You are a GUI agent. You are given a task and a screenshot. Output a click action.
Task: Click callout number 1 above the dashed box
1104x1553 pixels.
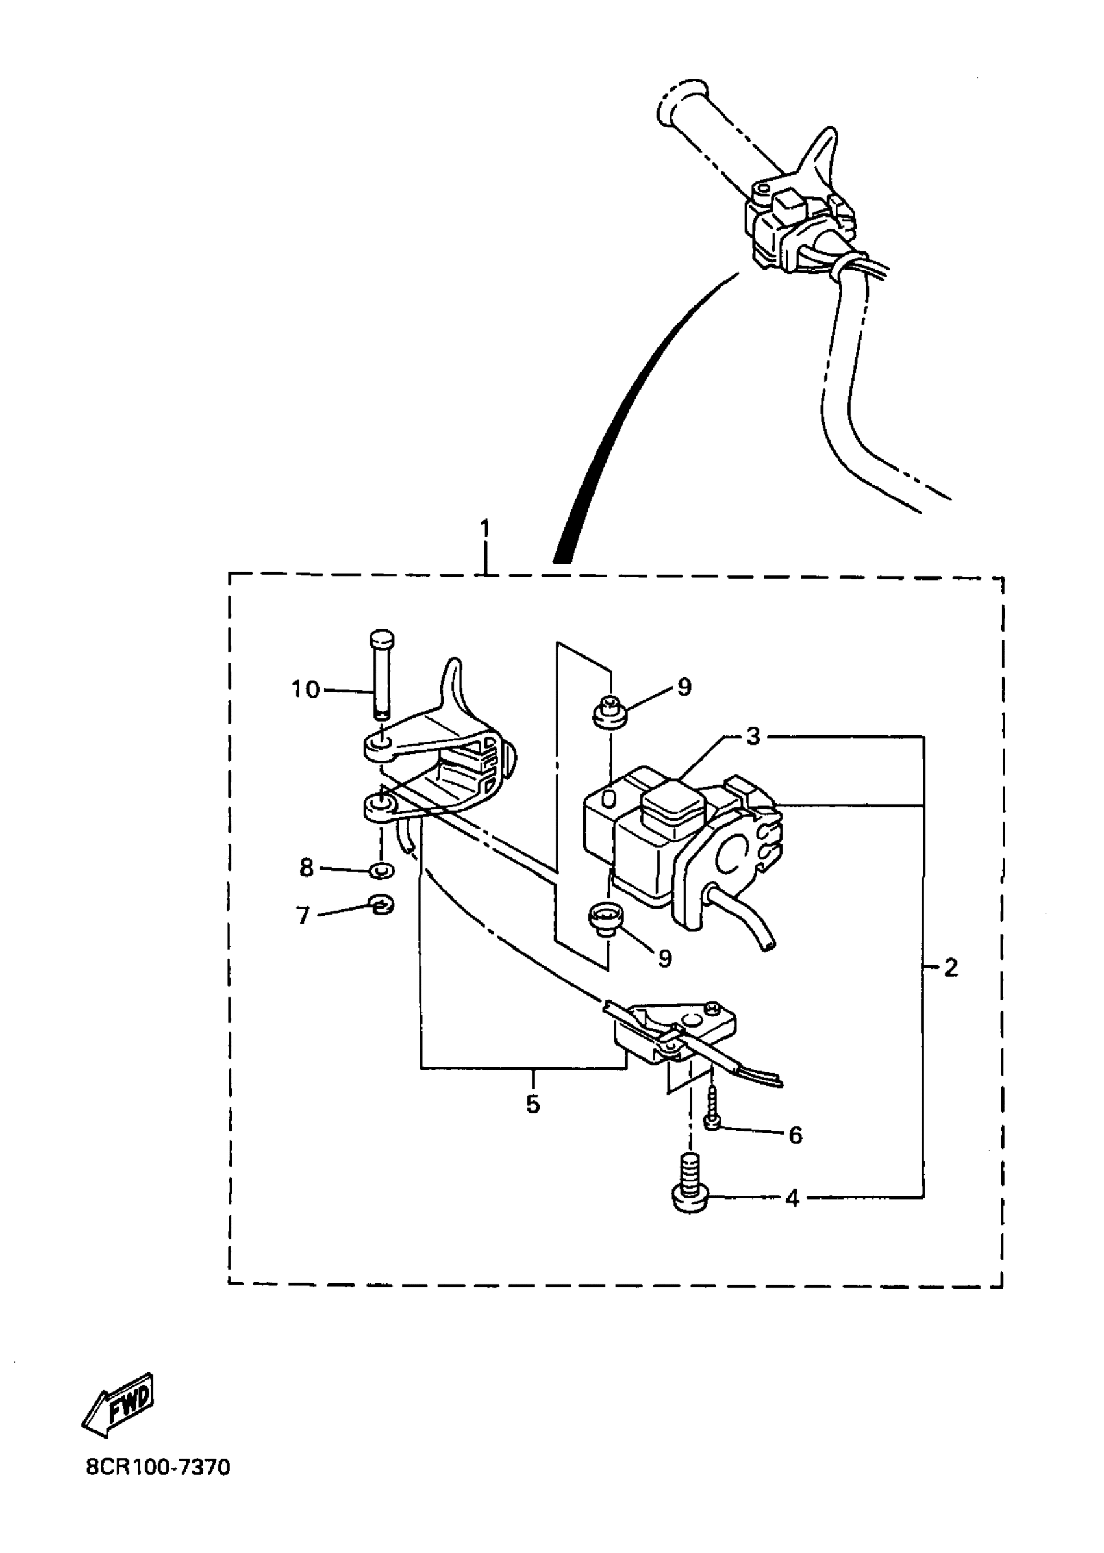[484, 527]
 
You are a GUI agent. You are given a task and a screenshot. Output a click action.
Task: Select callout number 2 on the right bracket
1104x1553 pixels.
[950, 967]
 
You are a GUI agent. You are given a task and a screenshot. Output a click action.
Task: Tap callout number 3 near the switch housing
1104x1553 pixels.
[753, 736]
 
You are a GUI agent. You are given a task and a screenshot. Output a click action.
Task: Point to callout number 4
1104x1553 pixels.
[792, 1199]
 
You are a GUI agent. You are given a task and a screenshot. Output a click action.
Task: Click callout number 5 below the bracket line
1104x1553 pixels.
[533, 1104]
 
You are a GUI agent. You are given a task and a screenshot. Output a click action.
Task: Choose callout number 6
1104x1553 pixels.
[796, 1135]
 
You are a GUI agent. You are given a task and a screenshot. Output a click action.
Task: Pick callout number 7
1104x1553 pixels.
[303, 916]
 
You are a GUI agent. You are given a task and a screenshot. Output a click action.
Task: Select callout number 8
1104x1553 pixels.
[307, 868]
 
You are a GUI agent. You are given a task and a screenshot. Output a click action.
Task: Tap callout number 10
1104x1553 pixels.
[305, 690]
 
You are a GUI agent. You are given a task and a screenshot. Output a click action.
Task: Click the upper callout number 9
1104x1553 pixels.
[684, 687]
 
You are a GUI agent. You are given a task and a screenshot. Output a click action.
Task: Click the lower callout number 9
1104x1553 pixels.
[665, 958]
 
